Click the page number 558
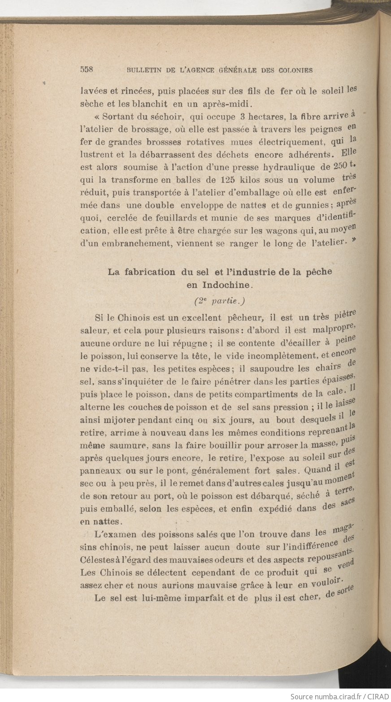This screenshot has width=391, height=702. pyautogui.click(x=86, y=69)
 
